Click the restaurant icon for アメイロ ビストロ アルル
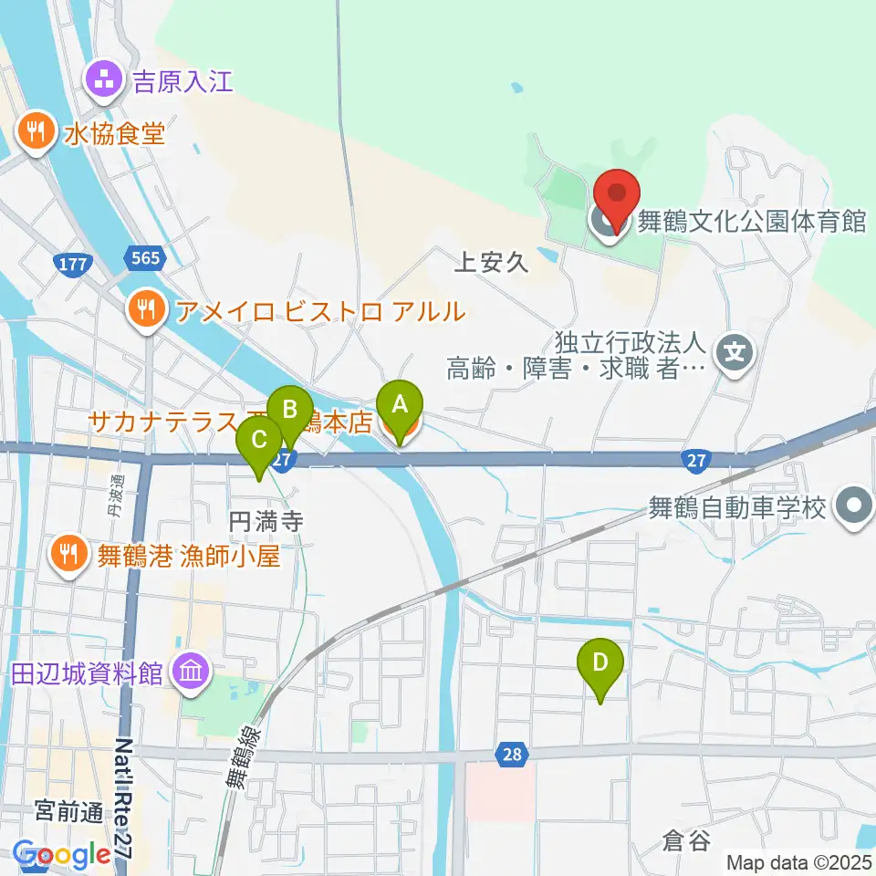coord(147,311)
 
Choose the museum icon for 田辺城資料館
coord(192,674)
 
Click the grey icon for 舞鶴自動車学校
coord(856,506)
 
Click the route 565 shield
coord(145,258)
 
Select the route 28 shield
coord(512,754)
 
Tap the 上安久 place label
coord(491,264)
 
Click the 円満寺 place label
coord(265,521)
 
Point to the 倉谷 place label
coord(686,840)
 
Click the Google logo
coord(62,855)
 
